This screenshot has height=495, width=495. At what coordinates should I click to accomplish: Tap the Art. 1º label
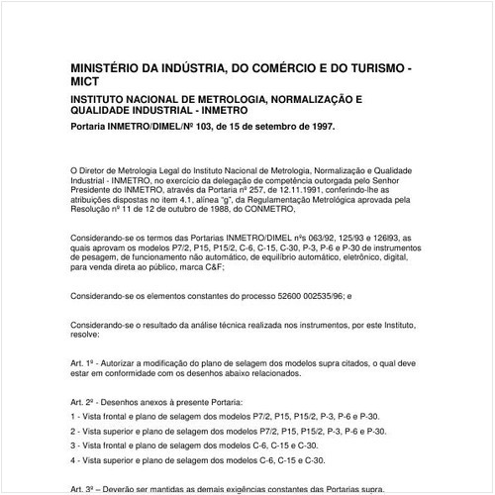tap(84, 364)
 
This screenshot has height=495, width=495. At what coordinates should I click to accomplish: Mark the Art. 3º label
tap(84, 488)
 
